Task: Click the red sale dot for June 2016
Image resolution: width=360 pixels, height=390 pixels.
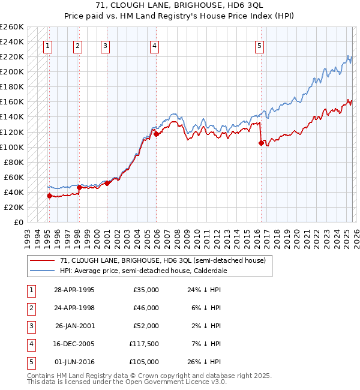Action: (x=260, y=143)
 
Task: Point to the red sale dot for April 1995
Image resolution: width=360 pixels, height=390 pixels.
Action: (x=49, y=196)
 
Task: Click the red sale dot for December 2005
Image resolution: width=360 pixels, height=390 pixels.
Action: (x=155, y=134)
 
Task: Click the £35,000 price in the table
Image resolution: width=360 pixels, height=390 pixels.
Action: (x=145, y=290)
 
